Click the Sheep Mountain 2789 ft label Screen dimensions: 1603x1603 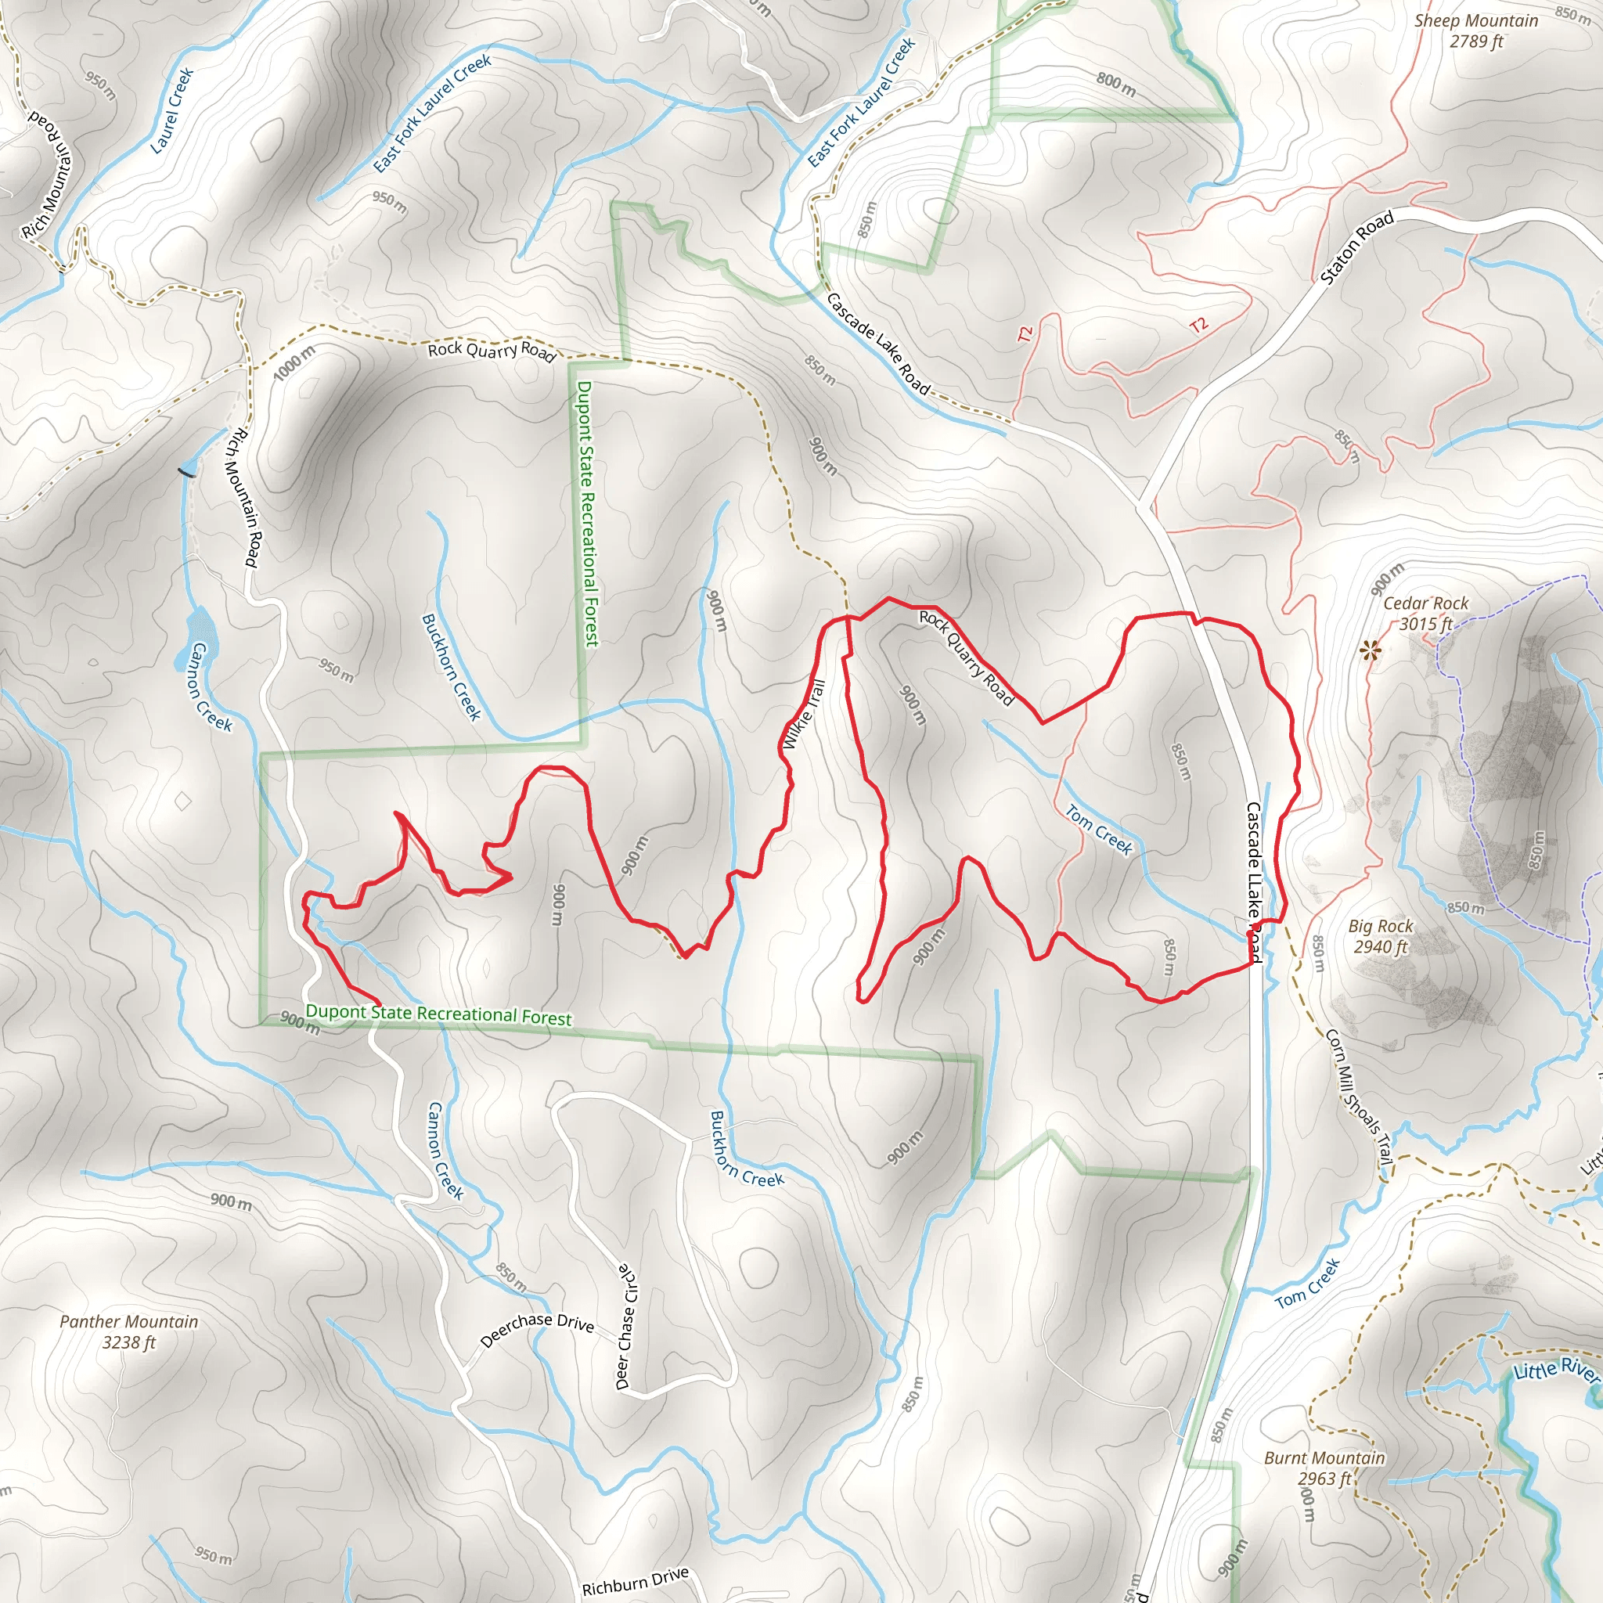point(1476,31)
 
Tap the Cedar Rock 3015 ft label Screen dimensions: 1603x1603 point(1425,613)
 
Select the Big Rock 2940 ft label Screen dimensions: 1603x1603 point(1381,936)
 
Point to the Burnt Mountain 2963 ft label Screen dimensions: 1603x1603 point(1324,1468)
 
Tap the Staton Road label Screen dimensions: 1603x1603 point(1356,248)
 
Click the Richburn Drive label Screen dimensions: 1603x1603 point(635,1581)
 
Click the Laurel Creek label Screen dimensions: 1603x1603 point(171,110)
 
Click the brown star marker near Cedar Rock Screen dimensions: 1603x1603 point(1371,651)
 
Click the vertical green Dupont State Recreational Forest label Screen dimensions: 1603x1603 point(588,513)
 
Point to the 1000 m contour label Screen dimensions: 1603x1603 point(294,362)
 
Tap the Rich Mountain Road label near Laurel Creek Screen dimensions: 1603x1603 point(48,174)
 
